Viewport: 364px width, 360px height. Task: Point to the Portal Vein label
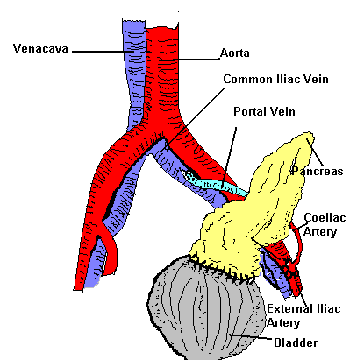coord(262,112)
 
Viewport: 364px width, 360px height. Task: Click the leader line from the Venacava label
coord(101,50)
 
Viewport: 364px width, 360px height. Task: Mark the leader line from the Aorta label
coord(197,56)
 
